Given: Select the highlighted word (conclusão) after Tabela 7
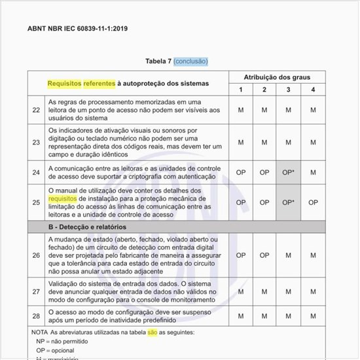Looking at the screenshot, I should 190,62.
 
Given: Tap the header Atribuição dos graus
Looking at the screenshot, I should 277,77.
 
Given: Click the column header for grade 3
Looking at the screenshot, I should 289,89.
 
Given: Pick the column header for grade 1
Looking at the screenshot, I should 240,89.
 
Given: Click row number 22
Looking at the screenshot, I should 36,110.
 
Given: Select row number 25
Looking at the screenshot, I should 36,202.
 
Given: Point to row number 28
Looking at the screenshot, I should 36,316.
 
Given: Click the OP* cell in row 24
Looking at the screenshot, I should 289,172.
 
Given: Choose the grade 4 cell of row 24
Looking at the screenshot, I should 313,172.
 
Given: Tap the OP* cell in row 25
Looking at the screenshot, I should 289,202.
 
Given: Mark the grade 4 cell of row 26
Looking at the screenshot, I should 313,255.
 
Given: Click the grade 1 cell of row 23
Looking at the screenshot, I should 240,141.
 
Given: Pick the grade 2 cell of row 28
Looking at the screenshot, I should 264,316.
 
